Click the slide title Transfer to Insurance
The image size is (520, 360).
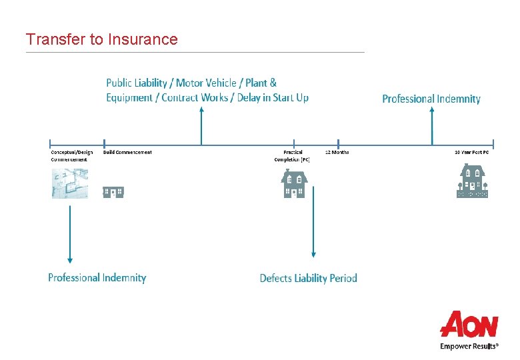pos(101,39)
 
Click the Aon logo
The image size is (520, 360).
pos(469,325)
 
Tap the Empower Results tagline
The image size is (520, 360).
pos(469,347)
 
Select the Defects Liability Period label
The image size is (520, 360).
pos(308,278)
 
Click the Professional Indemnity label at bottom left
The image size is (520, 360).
pos(97,277)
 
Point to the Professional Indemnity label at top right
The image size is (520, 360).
pos(431,99)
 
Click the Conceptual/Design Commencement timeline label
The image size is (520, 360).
pos(72,155)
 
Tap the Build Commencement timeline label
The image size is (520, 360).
pos(127,152)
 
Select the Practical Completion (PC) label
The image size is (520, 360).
pos(292,155)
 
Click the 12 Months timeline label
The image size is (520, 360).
pos(337,152)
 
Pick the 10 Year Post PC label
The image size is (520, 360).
pos(471,152)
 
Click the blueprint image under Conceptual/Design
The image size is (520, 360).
pos(70,183)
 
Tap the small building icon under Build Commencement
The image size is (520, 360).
pos(113,192)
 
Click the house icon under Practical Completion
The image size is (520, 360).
pos(294,183)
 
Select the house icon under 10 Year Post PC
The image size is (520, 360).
pos(472,181)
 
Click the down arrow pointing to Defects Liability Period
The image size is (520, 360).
pos(313,227)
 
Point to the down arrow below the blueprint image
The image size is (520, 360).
pos(70,233)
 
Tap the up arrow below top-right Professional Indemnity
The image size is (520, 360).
pos(431,127)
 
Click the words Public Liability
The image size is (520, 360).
pos(137,83)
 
